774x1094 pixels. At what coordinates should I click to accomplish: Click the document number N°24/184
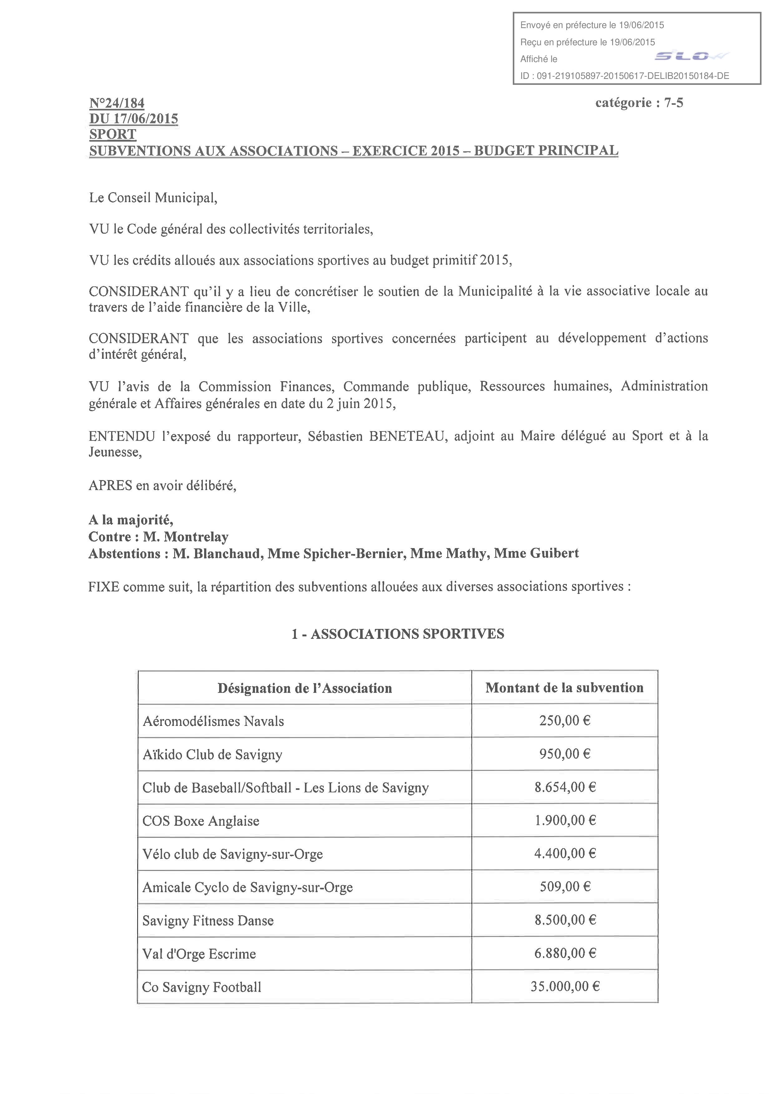[x=117, y=103]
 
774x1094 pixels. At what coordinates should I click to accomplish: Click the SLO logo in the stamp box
[x=691, y=57]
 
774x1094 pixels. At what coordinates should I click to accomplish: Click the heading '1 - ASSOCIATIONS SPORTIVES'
[x=398, y=634]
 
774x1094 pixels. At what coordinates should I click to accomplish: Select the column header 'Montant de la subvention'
[x=564, y=688]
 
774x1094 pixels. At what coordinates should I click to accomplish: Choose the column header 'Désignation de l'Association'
[x=305, y=688]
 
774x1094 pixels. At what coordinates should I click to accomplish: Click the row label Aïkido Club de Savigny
[x=213, y=754]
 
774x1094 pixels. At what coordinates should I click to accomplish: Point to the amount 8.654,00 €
[x=565, y=787]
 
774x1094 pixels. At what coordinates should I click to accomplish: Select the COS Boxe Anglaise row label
[x=201, y=821]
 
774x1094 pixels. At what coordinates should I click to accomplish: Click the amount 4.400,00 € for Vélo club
[x=565, y=853]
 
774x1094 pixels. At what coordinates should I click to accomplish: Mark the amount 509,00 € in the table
[x=565, y=887]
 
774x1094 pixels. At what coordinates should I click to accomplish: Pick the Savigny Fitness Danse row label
[x=208, y=921]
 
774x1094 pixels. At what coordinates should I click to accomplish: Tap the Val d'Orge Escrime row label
[x=199, y=954]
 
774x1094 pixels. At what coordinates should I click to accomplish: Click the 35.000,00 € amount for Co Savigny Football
[x=565, y=986]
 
